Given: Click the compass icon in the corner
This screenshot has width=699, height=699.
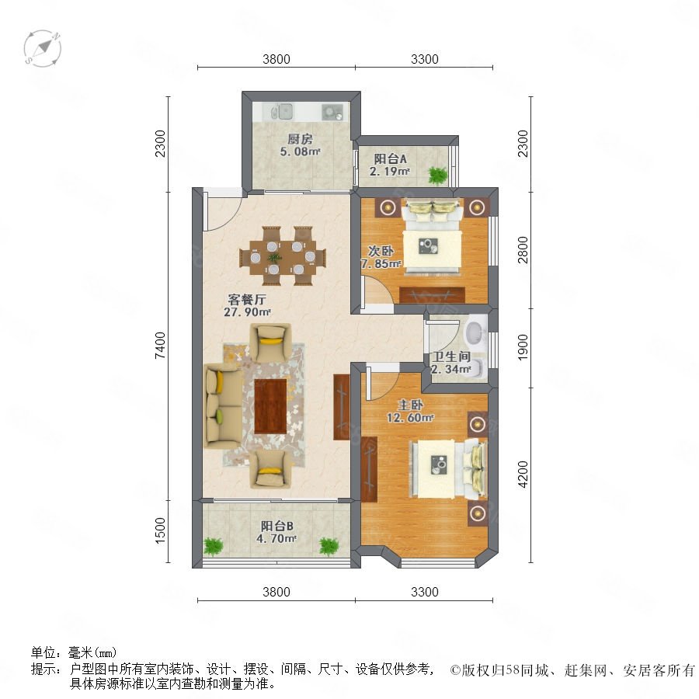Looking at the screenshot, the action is [x=43, y=48].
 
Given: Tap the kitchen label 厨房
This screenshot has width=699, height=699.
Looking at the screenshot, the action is [x=300, y=139].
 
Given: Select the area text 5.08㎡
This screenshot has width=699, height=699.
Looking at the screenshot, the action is [x=300, y=151].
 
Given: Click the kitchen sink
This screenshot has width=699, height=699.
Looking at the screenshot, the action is [x=282, y=111].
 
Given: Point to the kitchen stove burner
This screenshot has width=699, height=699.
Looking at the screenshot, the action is [x=332, y=112].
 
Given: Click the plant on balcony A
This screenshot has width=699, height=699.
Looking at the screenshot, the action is [x=437, y=175].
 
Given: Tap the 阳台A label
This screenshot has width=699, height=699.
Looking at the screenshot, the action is [x=390, y=158].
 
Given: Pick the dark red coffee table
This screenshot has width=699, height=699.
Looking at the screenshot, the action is [x=270, y=405].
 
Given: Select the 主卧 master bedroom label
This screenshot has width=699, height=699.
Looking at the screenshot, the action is [x=410, y=405].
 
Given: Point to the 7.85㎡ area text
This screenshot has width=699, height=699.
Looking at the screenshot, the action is [x=381, y=264].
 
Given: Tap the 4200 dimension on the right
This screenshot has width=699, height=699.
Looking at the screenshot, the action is [x=523, y=475].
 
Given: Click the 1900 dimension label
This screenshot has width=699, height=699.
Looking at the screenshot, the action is [x=523, y=348].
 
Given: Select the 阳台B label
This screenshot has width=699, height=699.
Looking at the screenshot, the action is [x=276, y=526].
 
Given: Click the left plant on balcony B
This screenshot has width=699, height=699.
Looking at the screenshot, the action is [x=213, y=546].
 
